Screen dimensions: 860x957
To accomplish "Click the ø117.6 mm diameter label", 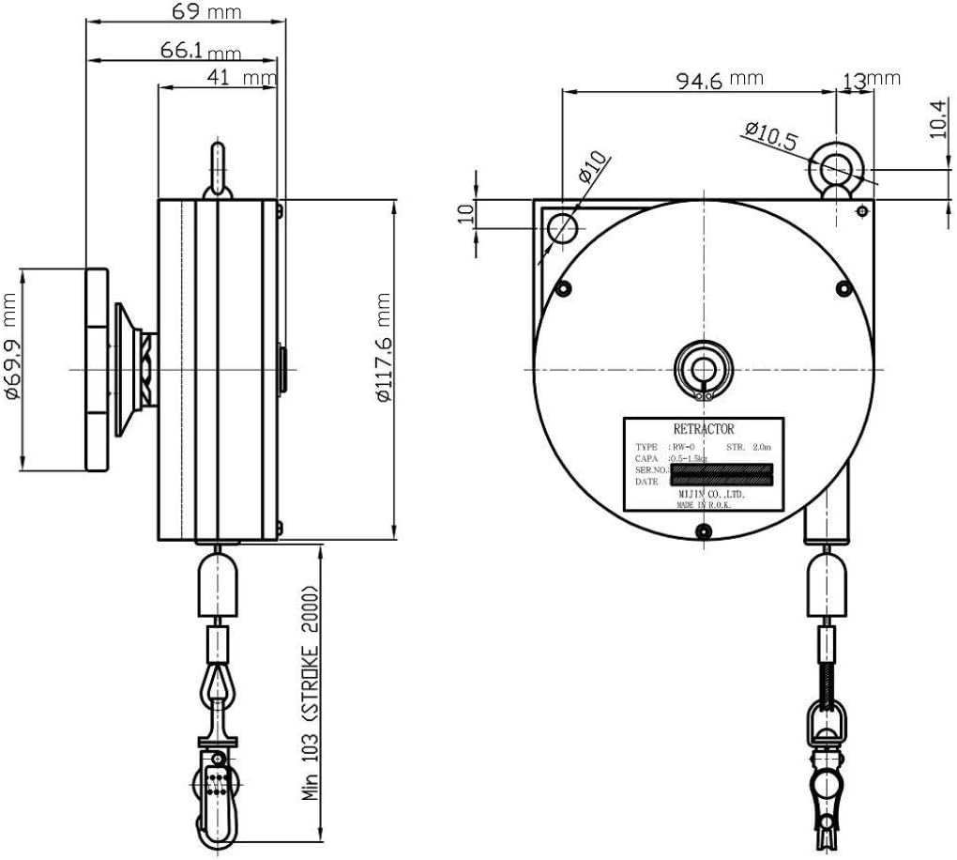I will click(x=384, y=346).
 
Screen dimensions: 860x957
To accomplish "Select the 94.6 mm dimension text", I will click(x=719, y=79).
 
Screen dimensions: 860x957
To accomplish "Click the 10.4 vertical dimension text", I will click(x=938, y=121).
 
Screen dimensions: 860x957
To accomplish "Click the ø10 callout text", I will click(x=592, y=166).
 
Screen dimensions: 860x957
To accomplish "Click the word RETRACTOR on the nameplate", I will click(x=704, y=428).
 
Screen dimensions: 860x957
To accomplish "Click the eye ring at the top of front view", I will click(x=833, y=168).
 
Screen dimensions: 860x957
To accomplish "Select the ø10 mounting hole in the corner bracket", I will click(x=563, y=226).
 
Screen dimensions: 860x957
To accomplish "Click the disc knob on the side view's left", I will click(x=97, y=370).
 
